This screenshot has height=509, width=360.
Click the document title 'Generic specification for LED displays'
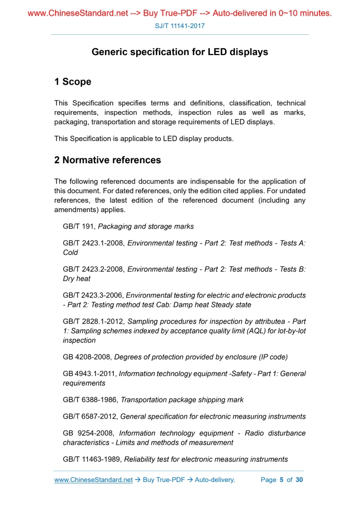pos(180,52)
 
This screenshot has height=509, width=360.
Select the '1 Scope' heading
pos(73,82)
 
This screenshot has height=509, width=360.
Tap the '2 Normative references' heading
pos(108,160)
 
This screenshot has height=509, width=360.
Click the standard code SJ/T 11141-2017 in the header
pos(180,25)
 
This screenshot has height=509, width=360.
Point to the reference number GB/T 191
pos(79,226)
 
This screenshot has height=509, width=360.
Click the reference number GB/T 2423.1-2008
pos(94,243)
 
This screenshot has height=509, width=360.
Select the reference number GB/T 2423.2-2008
pos(94,269)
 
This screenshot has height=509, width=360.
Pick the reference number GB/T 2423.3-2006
pos(93,295)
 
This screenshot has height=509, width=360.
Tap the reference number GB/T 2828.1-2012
pos(94,322)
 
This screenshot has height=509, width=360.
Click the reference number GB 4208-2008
pos(87,357)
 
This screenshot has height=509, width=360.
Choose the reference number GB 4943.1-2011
pos(89,373)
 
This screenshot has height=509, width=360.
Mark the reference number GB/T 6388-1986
pos(90,400)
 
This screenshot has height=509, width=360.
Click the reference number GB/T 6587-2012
pos(90,416)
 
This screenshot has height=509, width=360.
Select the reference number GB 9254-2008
pos(87,433)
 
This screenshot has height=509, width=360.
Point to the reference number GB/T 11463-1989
pos(92,459)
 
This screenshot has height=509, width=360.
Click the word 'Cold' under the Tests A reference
pos(71,252)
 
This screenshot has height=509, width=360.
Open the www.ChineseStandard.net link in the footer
pos(94,480)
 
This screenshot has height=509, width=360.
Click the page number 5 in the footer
pos(281,480)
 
